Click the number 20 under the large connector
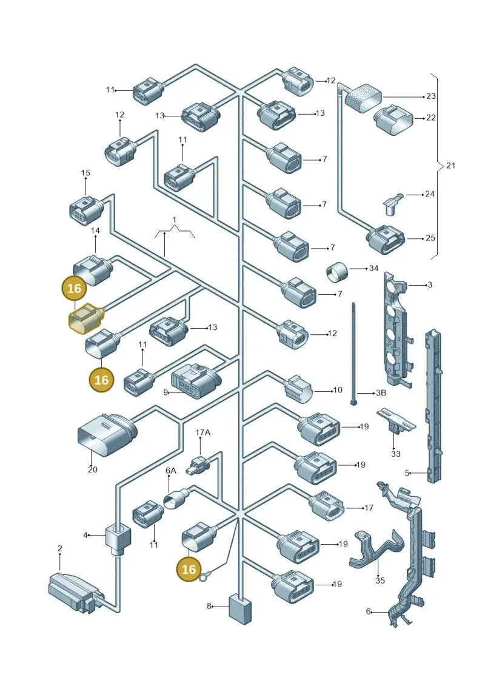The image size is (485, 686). tap(92, 469)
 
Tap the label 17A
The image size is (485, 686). tap(202, 432)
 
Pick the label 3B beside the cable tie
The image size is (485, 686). tap(381, 392)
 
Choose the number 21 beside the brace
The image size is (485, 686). tap(450, 166)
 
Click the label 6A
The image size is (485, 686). tap(170, 470)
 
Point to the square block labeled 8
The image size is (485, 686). tap(240, 609)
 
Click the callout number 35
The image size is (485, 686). tap(380, 580)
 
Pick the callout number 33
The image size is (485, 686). tap(395, 454)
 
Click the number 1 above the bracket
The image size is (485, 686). tap(174, 219)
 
